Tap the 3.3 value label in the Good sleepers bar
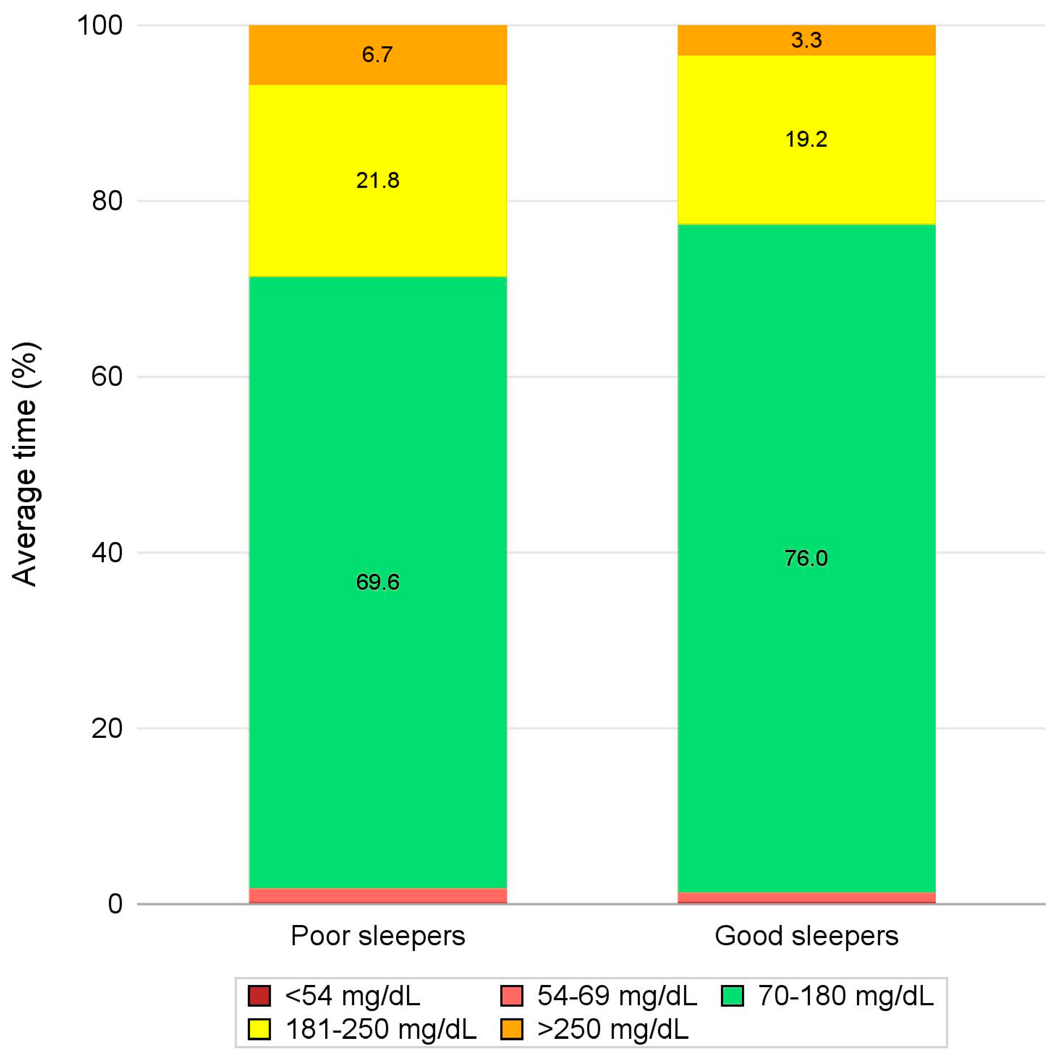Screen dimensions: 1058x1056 (x=806, y=40)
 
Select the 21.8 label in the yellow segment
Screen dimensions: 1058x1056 (x=378, y=180)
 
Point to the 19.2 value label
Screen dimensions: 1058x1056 (x=806, y=139)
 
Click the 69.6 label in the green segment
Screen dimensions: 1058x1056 (x=378, y=581)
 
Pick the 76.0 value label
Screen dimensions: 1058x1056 (x=806, y=558)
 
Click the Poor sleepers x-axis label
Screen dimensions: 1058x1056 (x=378, y=936)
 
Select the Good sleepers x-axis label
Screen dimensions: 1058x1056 (x=806, y=936)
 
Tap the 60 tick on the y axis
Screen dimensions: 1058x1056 (x=107, y=377)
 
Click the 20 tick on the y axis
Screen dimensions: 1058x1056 (x=107, y=728)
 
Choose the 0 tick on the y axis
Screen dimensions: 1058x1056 (x=115, y=904)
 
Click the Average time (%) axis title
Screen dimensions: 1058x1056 (x=25, y=464)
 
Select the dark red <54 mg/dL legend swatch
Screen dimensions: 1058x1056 (x=259, y=995)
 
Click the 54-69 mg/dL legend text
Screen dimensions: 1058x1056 (x=617, y=995)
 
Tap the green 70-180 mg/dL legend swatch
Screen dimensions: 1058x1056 (x=732, y=995)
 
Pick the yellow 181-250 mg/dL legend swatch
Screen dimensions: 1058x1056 (x=259, y=1029)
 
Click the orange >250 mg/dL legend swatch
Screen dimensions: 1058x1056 (x=512, y=1029)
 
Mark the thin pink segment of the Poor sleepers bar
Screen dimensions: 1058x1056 (x=378, y=895)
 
